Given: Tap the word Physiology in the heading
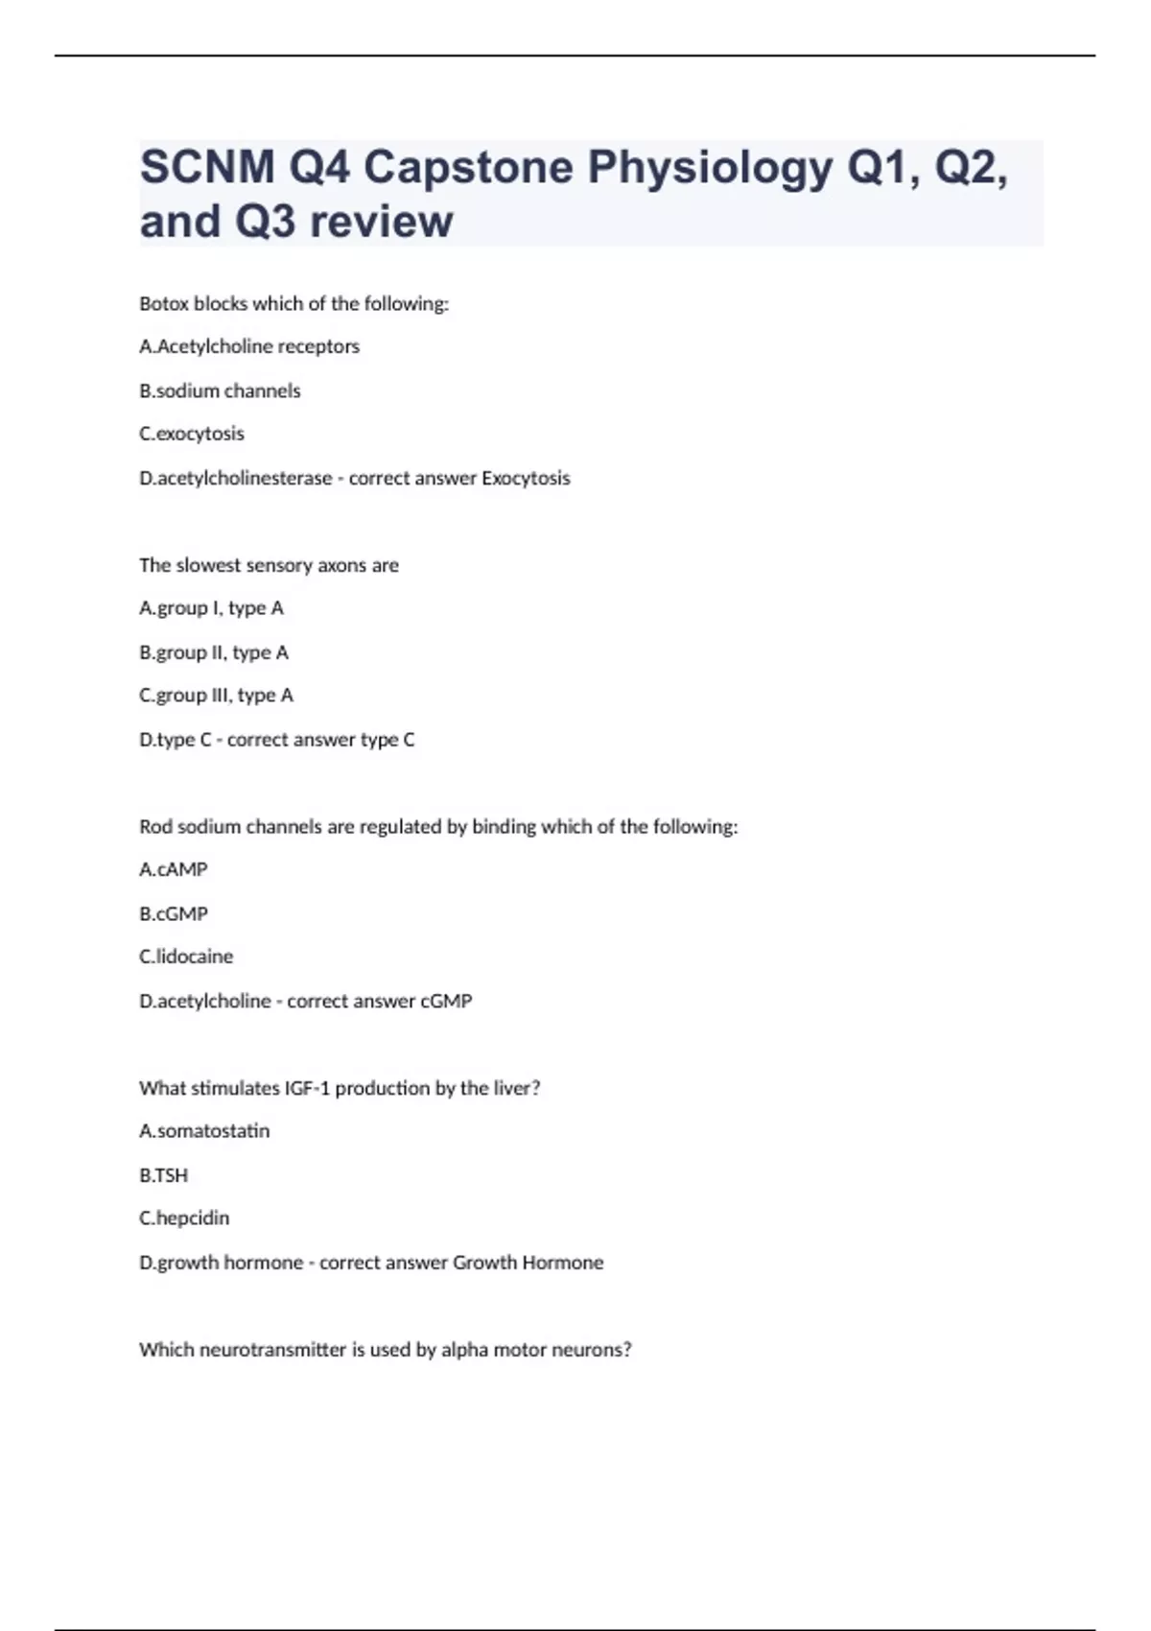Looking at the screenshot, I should [710, 168].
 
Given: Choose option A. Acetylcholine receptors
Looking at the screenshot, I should [249, 346].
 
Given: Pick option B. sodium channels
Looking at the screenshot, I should [220, 390].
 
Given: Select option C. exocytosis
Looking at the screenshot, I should [192, 434].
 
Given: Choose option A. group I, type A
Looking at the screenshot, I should [211, 608].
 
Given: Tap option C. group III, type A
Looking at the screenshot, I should [216, 696].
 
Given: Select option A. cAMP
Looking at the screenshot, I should [174, 869].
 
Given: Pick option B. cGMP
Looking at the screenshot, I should [174, 913].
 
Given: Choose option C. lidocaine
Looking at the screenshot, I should [186, 957].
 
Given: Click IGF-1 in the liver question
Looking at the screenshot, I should [307, 1088].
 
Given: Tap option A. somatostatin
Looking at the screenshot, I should [204, 1131].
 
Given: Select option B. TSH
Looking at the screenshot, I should [164, 1175].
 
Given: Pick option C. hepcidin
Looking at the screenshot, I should [184, 1218].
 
